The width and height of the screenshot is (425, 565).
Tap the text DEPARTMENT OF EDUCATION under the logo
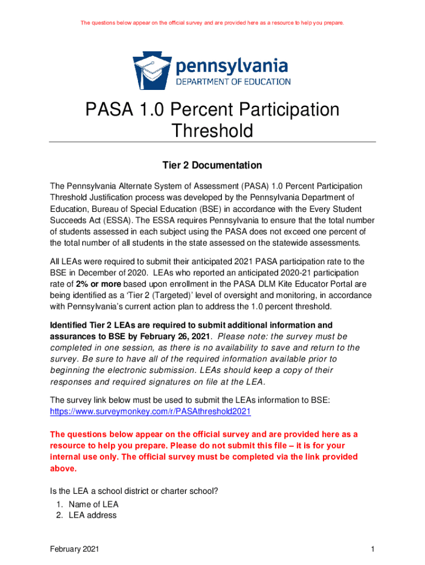(233, 82)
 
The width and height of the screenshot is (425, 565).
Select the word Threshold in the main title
(212, 131)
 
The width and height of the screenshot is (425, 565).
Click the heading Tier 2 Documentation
(212, 166)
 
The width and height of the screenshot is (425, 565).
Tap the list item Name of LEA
(93, 504)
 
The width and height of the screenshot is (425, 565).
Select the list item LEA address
(93, 515)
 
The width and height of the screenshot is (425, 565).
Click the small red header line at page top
(212, 23)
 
